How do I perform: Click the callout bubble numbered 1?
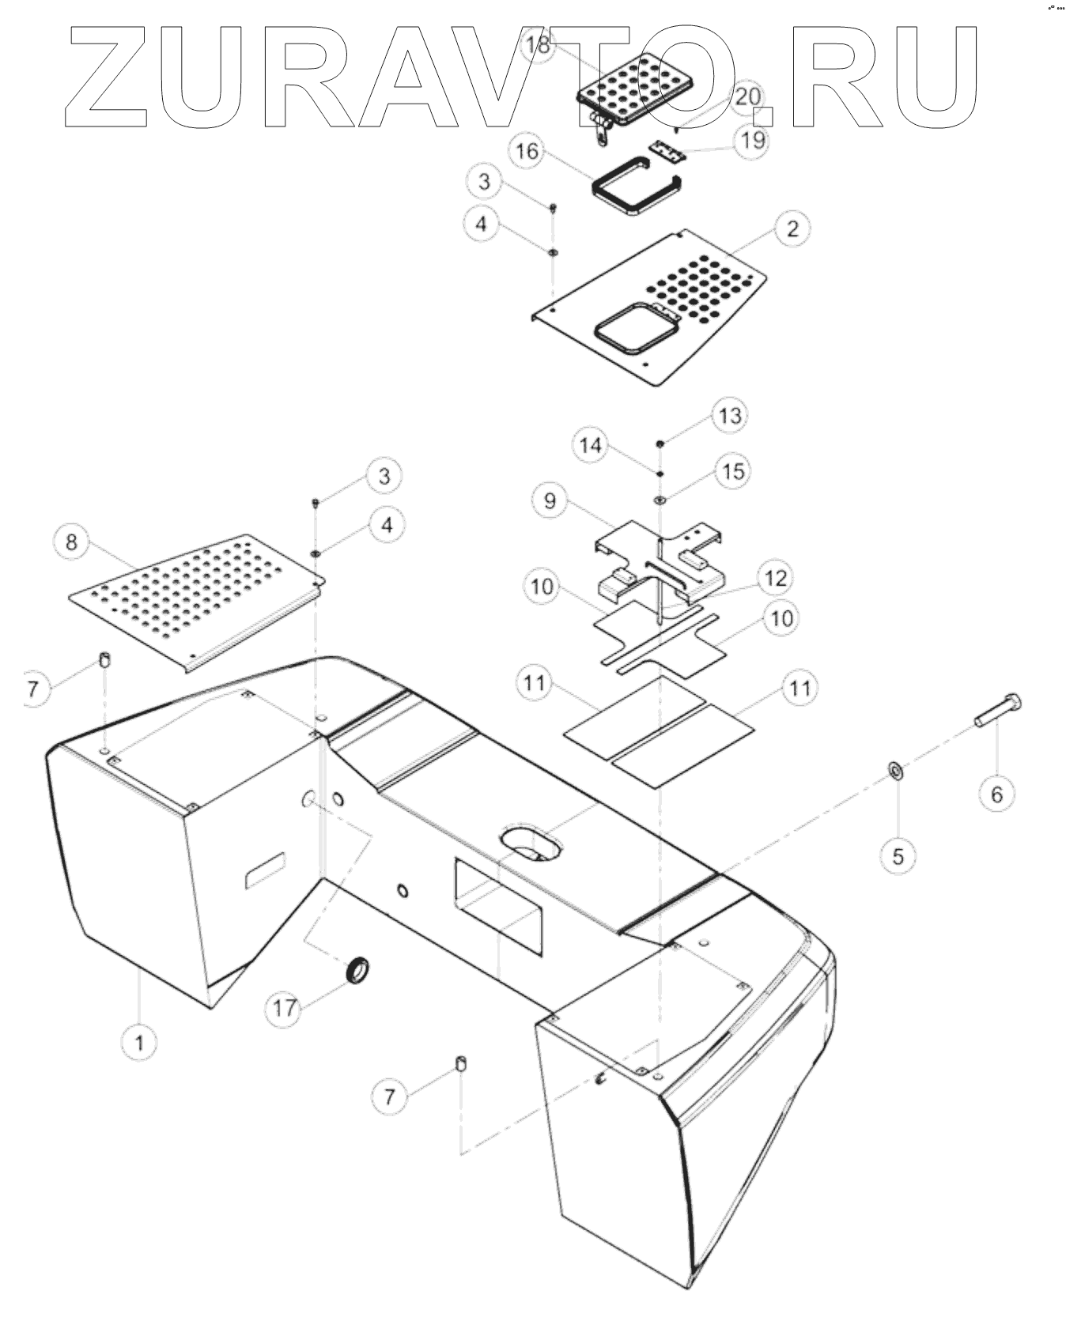click(x=140, y=1043)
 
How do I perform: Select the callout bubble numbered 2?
click(x=792, y=228)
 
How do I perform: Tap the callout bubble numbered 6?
click(x=996, y=793)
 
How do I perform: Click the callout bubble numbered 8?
click(x=72, y=542)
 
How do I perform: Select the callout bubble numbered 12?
click(x=776, y=578)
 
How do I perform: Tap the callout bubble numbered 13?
click(x=730, y=415)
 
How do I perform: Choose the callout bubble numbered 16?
click(x=529, y=151)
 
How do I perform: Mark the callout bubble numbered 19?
click(x=753, y=140)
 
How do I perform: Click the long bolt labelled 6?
click(x=998, y=710)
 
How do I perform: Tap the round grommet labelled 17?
click(x=358, y=968)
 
